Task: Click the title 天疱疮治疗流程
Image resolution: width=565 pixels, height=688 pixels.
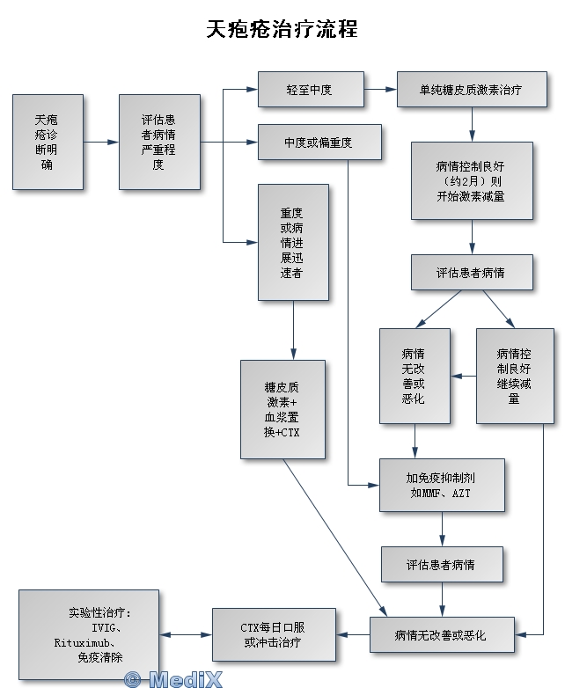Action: pyautogui.click(x=282, y=29)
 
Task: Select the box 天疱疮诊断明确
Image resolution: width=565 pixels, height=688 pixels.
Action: pyautogui.click(x=48, y=142)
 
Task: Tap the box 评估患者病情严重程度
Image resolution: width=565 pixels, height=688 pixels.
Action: pyautogui.click(x=159, y=142)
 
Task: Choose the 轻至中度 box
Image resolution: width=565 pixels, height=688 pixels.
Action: pyautogui.click(x=311, y=90)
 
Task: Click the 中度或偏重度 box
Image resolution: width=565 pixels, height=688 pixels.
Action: pyautogui.click(x=319, y=143)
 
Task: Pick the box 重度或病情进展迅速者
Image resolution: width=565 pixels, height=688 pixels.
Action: pyautogui.click(x=293, y=243)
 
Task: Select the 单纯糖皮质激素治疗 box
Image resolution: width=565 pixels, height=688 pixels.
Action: pyautogui.click(x=473, y=90)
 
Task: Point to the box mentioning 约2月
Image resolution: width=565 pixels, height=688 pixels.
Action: pyautogui.click(x=473, y=180)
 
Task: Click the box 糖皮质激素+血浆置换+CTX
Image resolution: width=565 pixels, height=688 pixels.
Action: pyautogui.click(x=282, y=408)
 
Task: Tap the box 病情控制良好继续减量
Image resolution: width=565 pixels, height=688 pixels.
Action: pyautogui.click(x=515, y=376)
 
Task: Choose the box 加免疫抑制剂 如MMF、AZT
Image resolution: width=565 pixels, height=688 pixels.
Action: pyautogui.click(x=442, y=485)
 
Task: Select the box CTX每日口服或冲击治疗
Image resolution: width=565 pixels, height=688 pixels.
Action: pyautogui.click(x=275, y=634)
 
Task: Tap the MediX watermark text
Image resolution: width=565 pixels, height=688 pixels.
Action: pyautogui.click(x=173, y=678)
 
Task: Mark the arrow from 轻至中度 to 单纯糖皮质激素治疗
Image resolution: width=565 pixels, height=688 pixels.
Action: pyautogui.click(x=380, y=90)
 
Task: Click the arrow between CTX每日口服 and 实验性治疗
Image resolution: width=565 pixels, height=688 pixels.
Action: pyautogui.click(x=186, y=634)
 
